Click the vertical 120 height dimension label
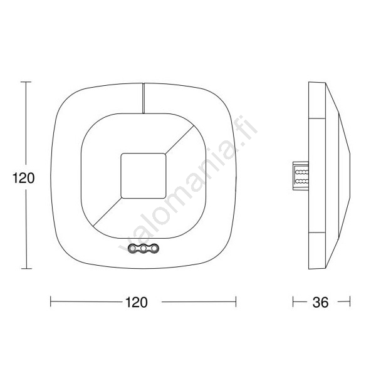tap(24, 178)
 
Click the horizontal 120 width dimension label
tap(137, 302)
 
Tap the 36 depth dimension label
tap(320, 303)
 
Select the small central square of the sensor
tap(144, 175)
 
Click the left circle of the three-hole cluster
tap(132, 248)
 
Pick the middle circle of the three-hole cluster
tap(144, 248)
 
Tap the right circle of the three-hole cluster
tap(155, 248)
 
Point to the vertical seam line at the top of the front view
tap(144, 98)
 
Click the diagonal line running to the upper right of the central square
tap(180, 139)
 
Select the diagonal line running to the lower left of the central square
tap(107, 212)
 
